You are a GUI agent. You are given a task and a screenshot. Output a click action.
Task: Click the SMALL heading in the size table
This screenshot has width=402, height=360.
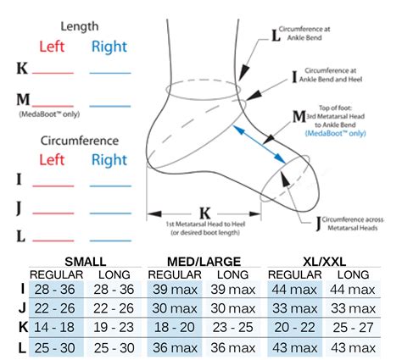click(x=78, y=261)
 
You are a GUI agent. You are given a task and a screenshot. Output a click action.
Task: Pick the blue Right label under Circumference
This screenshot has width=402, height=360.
click(x=109, y=158)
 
